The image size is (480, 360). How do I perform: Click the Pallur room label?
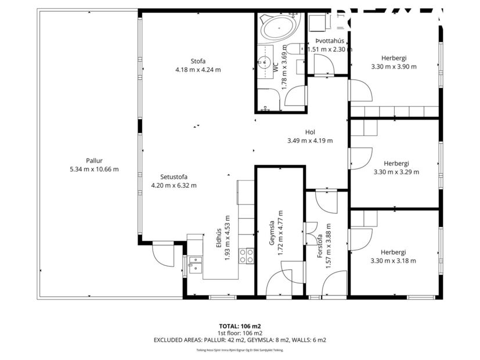(x=93, y=161)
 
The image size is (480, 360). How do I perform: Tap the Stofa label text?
(x=198, y=61)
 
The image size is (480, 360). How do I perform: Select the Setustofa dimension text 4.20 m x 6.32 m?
(x=174, y=186)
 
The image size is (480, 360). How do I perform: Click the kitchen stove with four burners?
(x=246, y=255)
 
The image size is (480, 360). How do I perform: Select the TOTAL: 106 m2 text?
(x=240, y=326)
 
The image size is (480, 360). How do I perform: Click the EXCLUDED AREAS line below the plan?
(x=240, y=340)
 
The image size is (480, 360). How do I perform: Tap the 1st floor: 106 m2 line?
(x=240, y=333)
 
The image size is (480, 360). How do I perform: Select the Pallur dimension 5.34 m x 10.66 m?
(x=93, y=169)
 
